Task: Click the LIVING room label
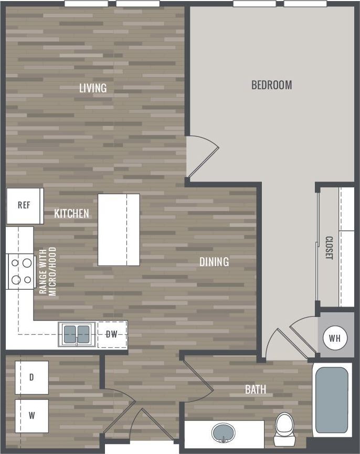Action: [93, 88]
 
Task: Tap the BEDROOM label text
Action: [271, 85]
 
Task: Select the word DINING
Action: [214, 261]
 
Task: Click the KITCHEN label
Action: [71, 214]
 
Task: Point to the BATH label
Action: [256, 389]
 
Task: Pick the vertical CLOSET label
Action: [329, 248]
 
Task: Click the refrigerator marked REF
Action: [24, 205]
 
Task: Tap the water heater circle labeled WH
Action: [334, 338]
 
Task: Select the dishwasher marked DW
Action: [111, 334]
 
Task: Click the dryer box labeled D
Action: [31, 377]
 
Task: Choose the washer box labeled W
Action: [31, 416]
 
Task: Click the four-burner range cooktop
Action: [20, 271]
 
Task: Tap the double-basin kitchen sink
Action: [77, 334]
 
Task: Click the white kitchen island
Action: [119, 229]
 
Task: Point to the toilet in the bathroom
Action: [285, 424]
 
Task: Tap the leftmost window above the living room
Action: [86, 4]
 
